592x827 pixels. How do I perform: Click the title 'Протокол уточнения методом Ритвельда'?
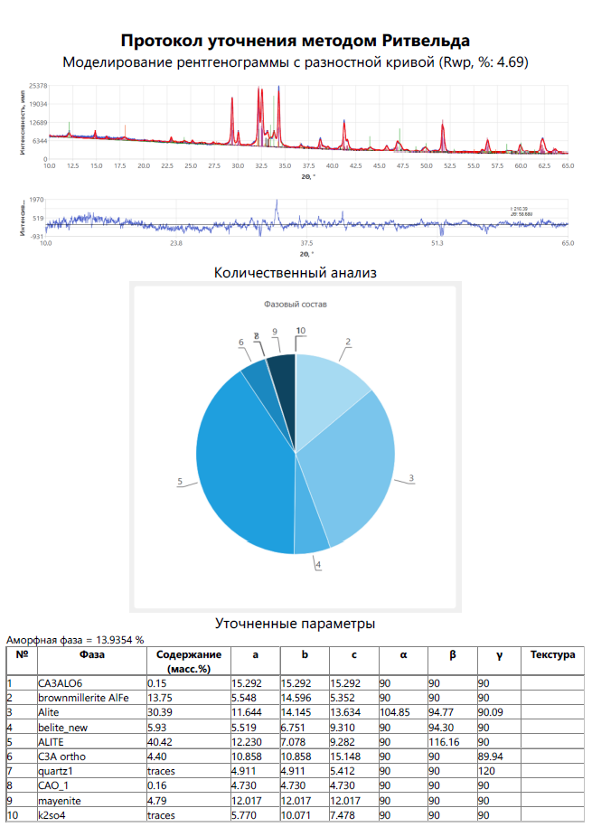(296, 41)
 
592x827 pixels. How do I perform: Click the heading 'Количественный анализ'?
(296, 271)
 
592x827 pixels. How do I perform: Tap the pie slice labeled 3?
(352, 461)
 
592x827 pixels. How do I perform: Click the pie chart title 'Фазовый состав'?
(296, 305)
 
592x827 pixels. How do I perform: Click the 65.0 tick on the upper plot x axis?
(568, 166)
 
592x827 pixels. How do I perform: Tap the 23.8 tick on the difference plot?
(176, 244)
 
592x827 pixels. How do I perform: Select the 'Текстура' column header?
(552, 654)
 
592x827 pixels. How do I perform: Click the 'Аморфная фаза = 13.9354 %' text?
(76, 639)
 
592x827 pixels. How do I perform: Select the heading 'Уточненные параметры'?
(296, 624)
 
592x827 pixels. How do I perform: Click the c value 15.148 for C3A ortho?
(346, 757)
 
